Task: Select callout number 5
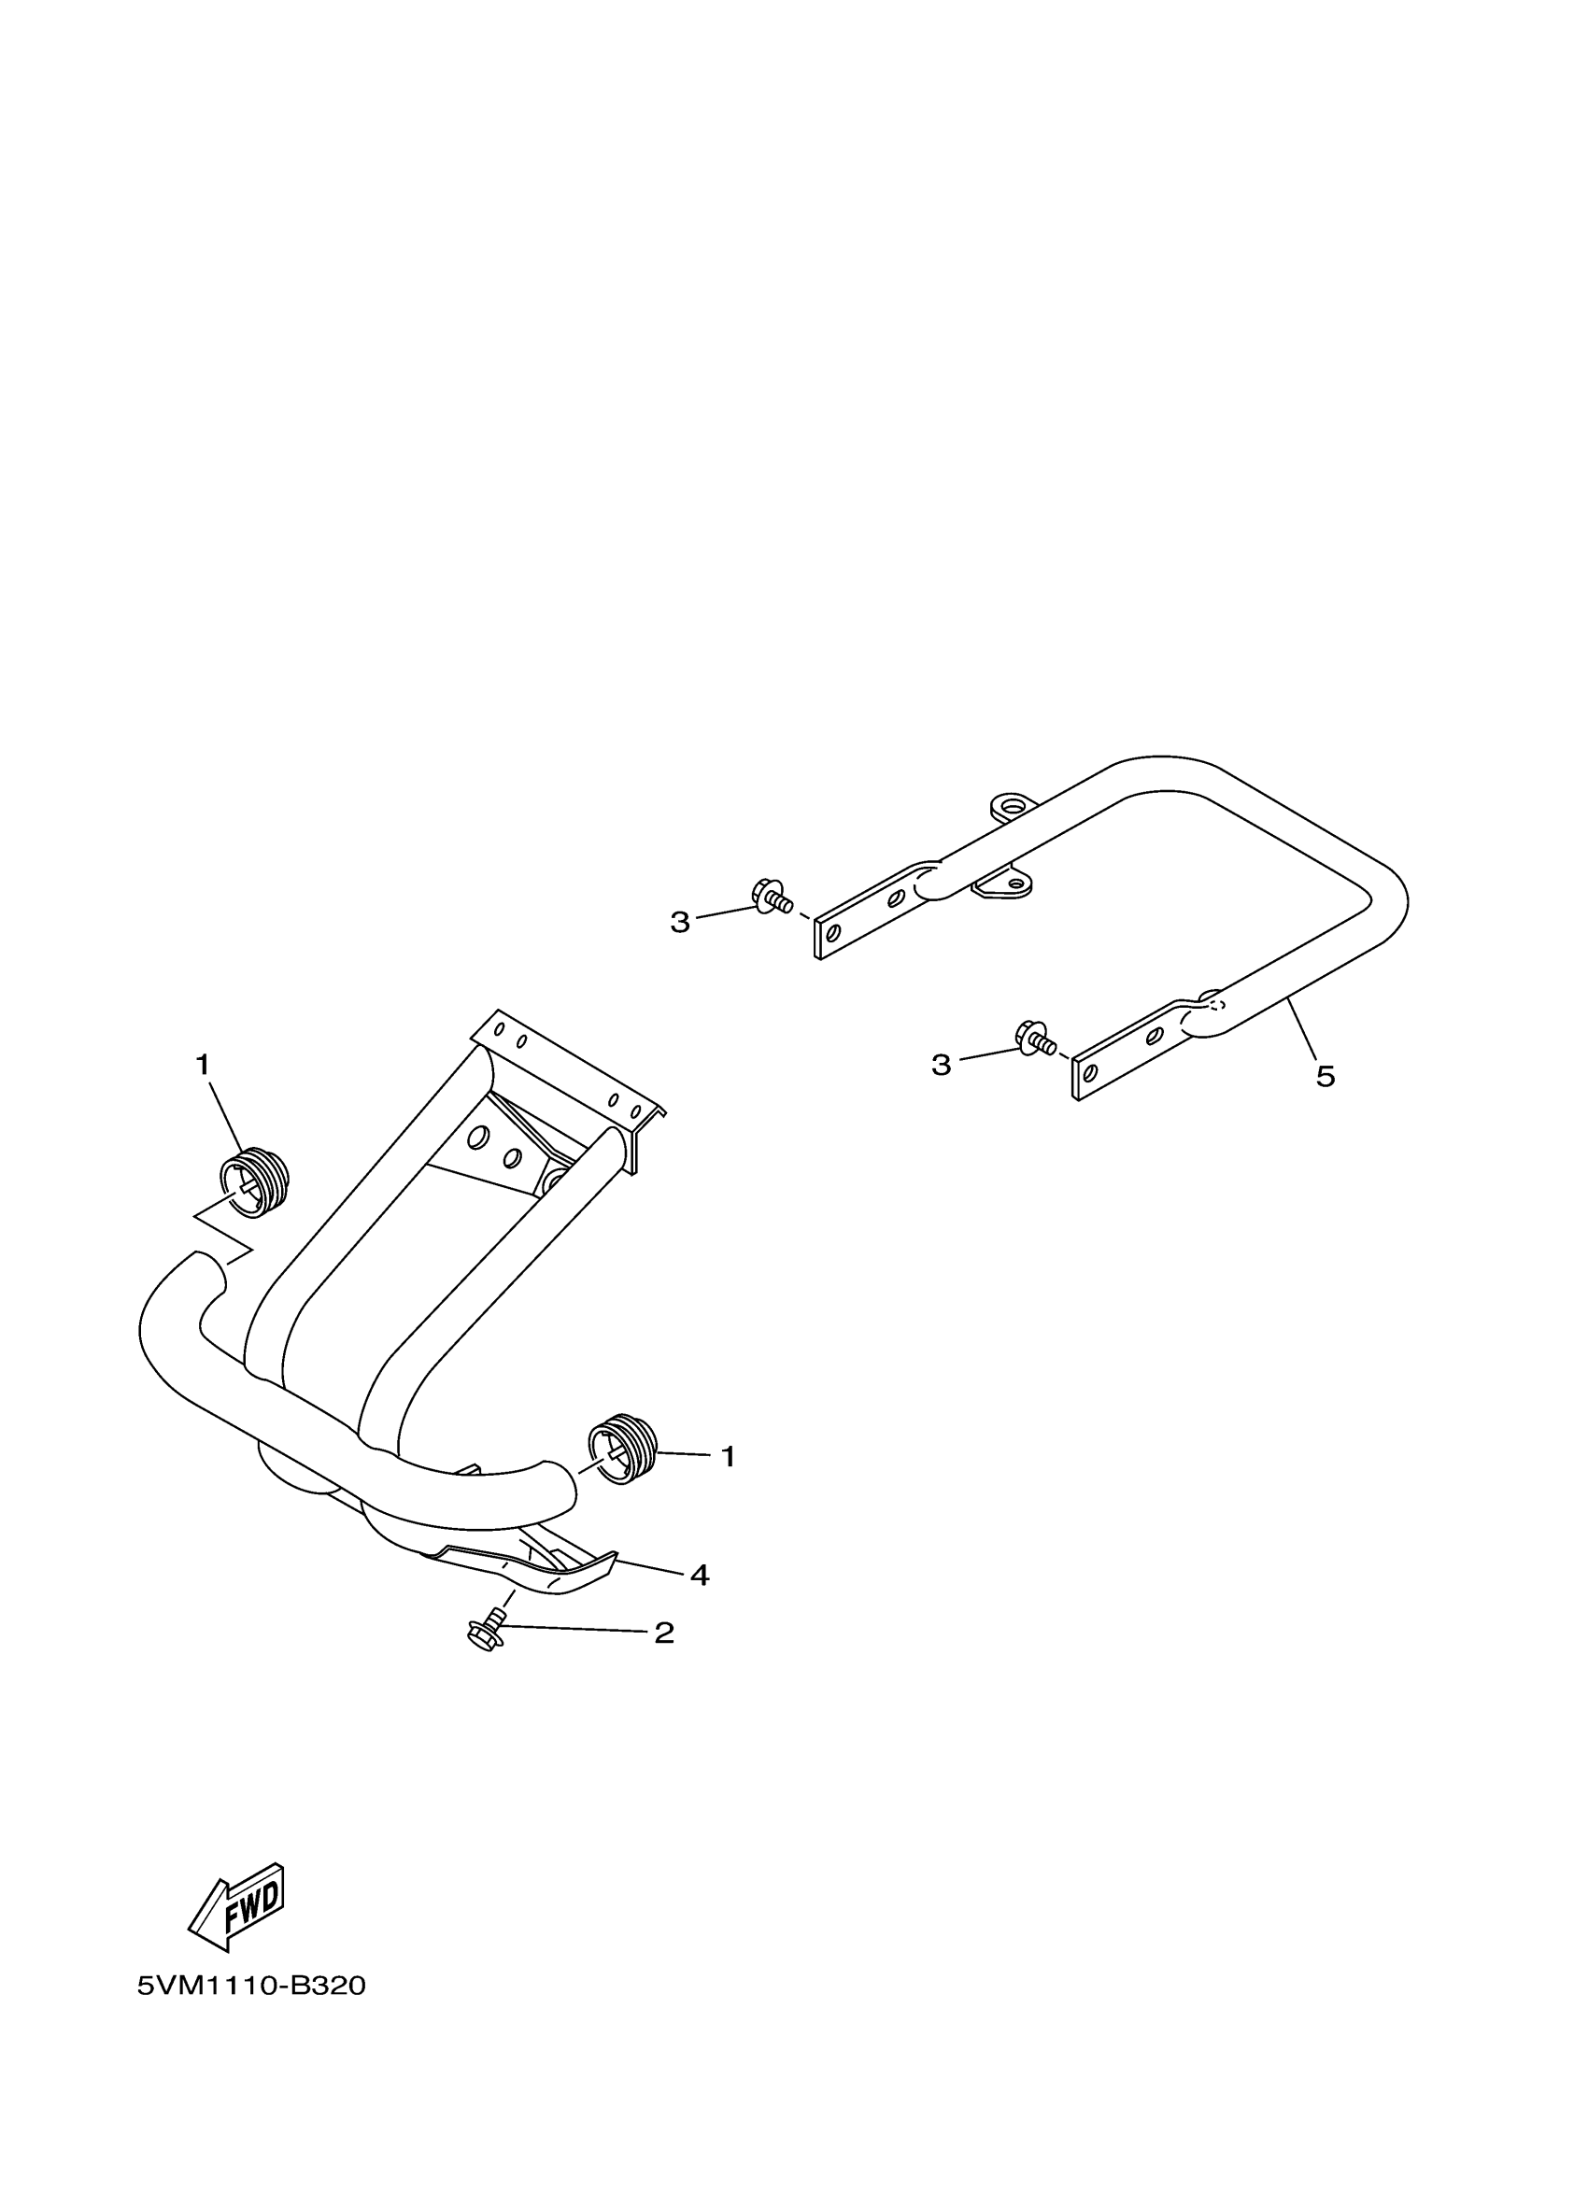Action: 1326,1077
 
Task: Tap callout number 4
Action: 700,1576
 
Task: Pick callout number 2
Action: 664,1633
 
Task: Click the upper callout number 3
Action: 680,923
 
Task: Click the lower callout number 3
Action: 941,1065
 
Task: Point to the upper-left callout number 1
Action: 202,1065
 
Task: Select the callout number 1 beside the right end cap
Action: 729,1483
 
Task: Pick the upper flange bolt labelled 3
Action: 771,896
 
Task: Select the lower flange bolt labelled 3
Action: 1033,1039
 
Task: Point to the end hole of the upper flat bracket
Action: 831,933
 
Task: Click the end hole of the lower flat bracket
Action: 1090,1074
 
